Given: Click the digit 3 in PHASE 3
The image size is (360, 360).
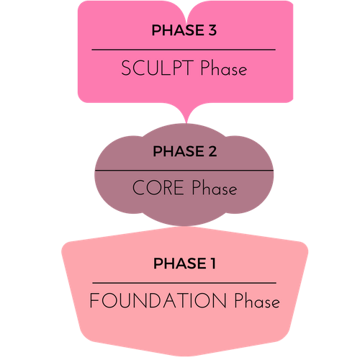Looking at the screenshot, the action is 212,30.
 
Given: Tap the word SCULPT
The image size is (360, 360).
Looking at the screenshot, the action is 157,68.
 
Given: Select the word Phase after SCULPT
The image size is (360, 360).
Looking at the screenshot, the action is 224,68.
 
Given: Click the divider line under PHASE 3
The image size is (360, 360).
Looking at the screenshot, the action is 184,50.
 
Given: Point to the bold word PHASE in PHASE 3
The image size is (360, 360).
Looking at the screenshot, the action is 178,30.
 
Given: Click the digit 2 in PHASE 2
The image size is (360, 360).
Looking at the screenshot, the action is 212,151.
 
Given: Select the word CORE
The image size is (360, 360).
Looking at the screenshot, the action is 158,187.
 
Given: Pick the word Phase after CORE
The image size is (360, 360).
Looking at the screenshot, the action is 215,187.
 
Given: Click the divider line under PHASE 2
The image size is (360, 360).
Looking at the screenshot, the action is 184,171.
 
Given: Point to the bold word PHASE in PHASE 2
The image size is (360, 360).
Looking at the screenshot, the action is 179,151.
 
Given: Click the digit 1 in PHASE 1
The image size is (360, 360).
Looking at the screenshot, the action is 212,264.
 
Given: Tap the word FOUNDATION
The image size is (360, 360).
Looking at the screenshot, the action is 158,300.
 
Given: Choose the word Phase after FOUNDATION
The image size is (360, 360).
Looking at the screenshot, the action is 257,300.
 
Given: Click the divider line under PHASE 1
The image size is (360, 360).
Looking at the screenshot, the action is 184,283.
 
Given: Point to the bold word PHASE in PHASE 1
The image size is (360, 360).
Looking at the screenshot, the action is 180,264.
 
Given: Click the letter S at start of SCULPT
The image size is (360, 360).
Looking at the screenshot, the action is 126,68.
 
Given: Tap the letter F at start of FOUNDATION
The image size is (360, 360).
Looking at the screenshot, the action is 94,300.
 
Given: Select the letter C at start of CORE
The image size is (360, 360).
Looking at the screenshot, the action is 139,187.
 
